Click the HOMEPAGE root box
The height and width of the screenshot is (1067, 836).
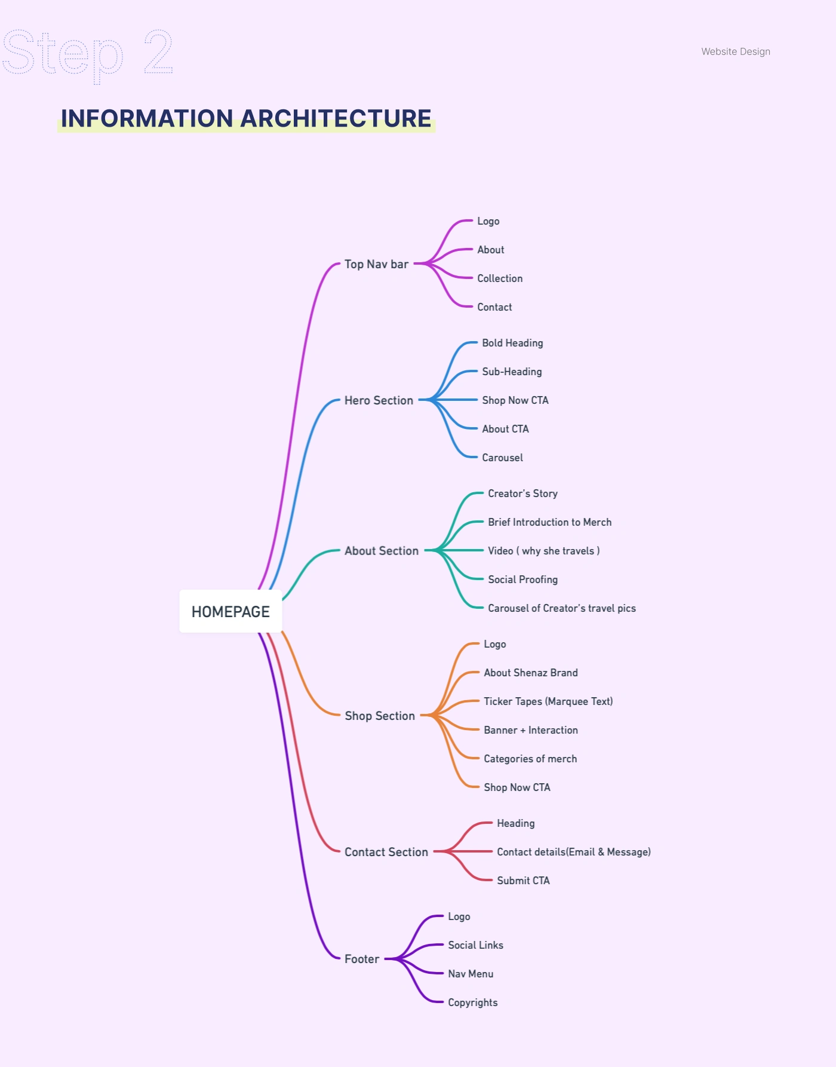(230, 612)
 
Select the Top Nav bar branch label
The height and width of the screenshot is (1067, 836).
(376, 264)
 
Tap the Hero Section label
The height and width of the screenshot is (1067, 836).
(379, 400)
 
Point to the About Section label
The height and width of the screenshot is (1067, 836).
(382, 551)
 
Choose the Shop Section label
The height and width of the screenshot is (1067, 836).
(380, 716)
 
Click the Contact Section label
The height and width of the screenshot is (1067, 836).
(386, 852)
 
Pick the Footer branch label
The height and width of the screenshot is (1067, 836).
(362, 959)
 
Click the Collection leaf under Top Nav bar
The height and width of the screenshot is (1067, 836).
(500, 278)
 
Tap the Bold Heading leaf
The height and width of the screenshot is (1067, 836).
(512, 343)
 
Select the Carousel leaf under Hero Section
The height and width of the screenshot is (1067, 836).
(502, 458)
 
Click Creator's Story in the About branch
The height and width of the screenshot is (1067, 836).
(522, 493)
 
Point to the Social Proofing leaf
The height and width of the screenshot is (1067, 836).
(522, 580)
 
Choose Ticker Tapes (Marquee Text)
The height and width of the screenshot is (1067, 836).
(548, 701)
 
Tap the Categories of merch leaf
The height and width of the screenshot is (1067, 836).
(530, 759)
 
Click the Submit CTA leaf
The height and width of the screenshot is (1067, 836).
(523, 881)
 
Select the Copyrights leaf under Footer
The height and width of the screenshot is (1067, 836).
(472, 1002)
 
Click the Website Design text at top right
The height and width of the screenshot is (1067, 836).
(736, 51)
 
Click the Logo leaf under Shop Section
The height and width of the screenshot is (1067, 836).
(494, 644)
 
